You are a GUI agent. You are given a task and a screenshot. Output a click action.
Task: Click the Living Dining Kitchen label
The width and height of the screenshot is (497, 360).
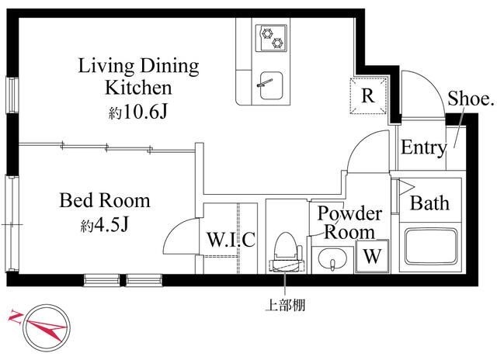coord(139,75)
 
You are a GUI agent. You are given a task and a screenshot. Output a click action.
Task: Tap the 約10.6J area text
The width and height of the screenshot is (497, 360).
coord(138,113)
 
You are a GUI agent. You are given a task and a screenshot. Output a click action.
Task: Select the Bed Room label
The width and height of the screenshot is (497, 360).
coord(105,201)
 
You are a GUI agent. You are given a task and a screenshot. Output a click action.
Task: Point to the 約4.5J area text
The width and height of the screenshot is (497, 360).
coord(104,226)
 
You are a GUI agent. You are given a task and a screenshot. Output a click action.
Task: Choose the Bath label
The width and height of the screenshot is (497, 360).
coord(429,204)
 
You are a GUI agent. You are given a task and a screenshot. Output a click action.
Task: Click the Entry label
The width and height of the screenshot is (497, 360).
coord(422,148)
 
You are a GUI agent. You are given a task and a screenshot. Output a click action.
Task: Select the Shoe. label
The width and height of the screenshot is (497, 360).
coord(471,99)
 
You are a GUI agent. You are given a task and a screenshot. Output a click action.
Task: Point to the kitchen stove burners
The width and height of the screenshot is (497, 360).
coord(272,35)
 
